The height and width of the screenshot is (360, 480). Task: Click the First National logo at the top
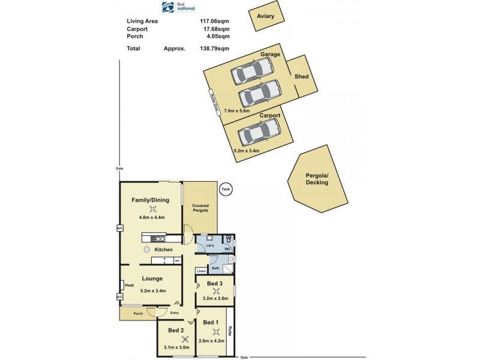pyautogui.click(x=178, y=8)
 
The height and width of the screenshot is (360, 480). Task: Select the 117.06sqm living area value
pyautogui.click(x=214, y=21)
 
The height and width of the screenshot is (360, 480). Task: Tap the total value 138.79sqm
pyautogui.click(x=214, y=49)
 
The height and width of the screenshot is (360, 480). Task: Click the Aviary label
pyautogui.click(x=265, y=16)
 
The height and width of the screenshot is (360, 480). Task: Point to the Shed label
pyautogui.click(x=301, y=77)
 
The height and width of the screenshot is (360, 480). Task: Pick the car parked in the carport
pyautogui.click(x=259, y=131)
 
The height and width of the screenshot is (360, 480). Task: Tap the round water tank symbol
pyautogui.click(x=226, y=189)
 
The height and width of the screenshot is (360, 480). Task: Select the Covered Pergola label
pyautogui.click(x=200, y=208)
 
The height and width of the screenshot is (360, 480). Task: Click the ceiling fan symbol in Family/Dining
pyautogui.click(x=154, y=209)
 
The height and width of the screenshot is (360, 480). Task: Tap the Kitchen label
pyautogui.click(x=164, y=250)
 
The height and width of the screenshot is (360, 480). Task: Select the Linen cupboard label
pyautogui.click(x=202, y=272)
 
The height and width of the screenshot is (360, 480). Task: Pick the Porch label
pyautogui.click(x=138, y=313)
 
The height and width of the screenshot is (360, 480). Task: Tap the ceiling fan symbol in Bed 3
pyautogui.click(x=216, y=291)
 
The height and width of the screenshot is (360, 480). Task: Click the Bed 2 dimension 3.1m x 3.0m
pyautogui.click(x=176, y=347)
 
